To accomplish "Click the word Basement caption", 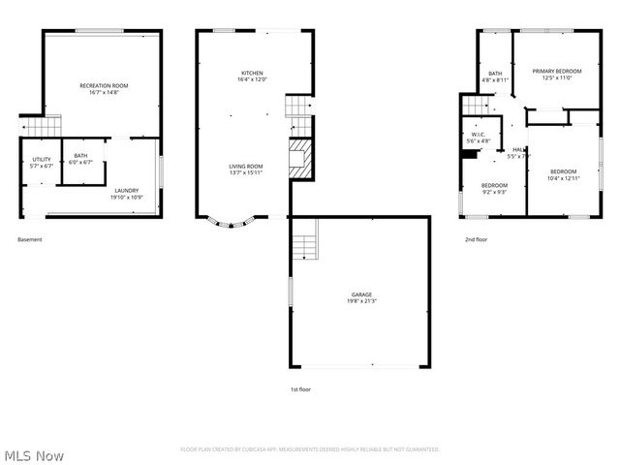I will [x=30, y=239].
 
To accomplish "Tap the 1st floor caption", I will [x=300, y=388].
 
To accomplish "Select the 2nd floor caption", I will [x=475, y=239].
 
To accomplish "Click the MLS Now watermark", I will [x=34, y=455].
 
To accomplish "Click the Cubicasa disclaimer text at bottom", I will [x=310, y=449].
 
